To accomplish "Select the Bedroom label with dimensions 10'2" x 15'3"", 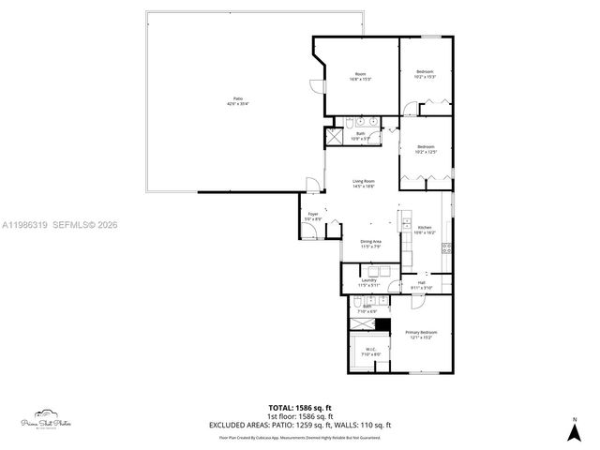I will coord(425,73).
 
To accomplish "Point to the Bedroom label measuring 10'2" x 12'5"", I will coord(426,148).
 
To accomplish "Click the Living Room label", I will coord(364,183).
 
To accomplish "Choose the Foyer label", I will coord(313,216).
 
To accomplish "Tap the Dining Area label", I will coord(371,244).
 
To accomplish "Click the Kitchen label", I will coord(425,229).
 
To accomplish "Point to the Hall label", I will coord(422,284).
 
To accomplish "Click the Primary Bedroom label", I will coord(421,335).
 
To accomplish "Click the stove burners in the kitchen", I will coord(446,249).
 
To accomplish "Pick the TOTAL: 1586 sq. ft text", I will coord(300,407).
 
